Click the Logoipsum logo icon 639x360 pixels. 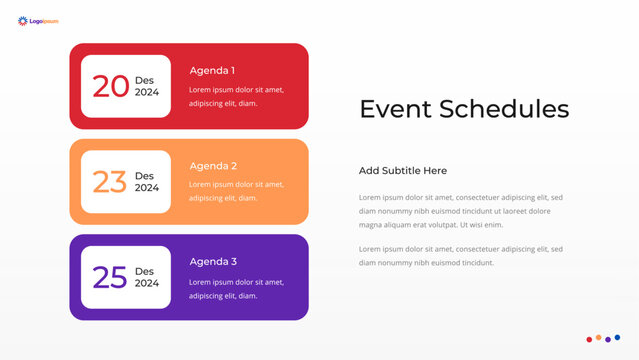(x=22, y=20)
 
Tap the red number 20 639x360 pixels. (x=110, y=86)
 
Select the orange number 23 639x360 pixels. (x=110, y=182)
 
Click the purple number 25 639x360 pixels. (x=110, y=277)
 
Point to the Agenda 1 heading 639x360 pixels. (x=212, y=71)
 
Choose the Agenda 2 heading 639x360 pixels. (x=212, y=166)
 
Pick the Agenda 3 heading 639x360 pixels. (x=212, y=261)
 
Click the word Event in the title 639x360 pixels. (x=396, y=109)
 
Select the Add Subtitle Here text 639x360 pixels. (x=403, y=171)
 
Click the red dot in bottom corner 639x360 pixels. (x=589, y=340)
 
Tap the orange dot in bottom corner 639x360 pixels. (x=598, y=338)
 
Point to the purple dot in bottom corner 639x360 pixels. (x=608, y=340)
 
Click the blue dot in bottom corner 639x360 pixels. (x=617, y=338)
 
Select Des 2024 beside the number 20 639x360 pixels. (x=147, y=86)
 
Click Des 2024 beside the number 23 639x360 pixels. (x=147, y=182)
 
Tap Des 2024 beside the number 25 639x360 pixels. (x=147, y=277)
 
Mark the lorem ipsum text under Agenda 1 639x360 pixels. (x=236, y=96)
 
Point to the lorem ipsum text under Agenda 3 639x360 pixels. (x=236, y=289)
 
